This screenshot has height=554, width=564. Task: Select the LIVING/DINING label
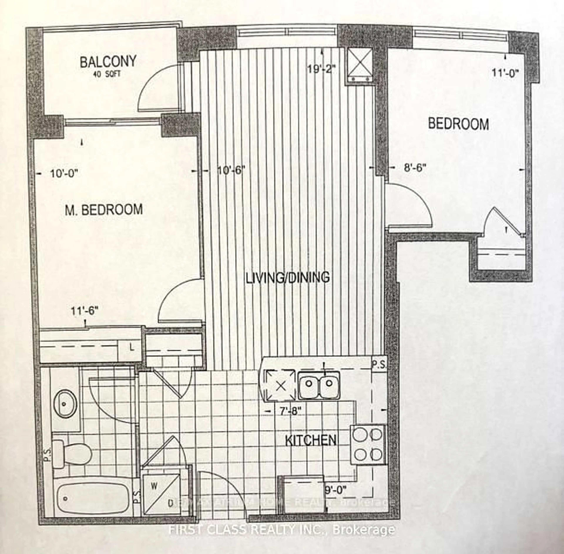pyautogui.click(x=288, y=277)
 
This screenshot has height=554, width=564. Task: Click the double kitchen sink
pyautogui.click(x=319, y=385)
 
